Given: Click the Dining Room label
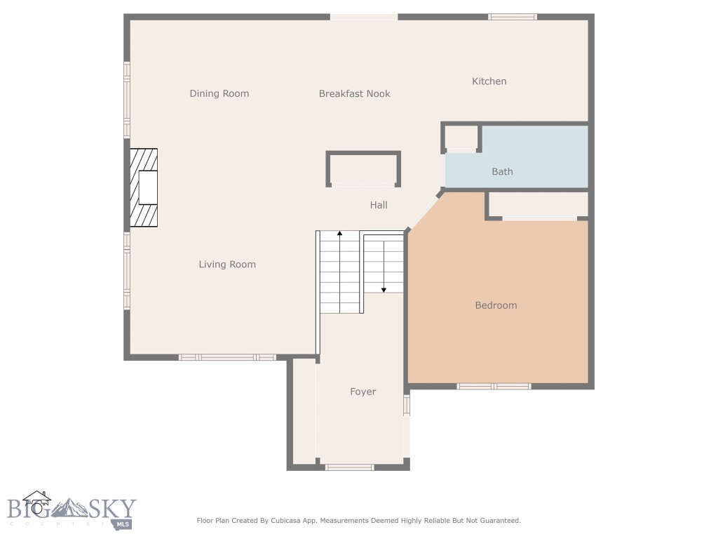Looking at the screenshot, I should click(219, 93).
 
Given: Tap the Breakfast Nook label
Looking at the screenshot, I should click(354, 93).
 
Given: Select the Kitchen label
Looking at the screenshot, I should click(489, 81).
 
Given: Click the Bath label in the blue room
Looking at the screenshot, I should click(502, 171).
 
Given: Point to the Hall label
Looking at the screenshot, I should click(379, 205).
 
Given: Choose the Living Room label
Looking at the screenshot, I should click(227, 265).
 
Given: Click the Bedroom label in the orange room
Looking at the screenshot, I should click(496, 305).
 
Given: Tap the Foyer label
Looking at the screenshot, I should click(363, 392).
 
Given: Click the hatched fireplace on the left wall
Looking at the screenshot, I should click(144, 187).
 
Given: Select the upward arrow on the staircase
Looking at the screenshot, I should click(339, 234).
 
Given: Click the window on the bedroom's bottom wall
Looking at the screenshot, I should click(494, 386).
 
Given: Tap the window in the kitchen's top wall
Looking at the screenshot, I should click(513, 17).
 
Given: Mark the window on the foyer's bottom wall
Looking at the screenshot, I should click(349, 467).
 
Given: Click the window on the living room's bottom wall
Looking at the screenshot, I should click(227, 357).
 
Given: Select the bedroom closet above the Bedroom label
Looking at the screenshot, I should click(538, 204).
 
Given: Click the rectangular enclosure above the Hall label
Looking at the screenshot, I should click(363, 169).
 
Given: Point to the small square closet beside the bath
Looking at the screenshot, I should click(461, 136).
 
